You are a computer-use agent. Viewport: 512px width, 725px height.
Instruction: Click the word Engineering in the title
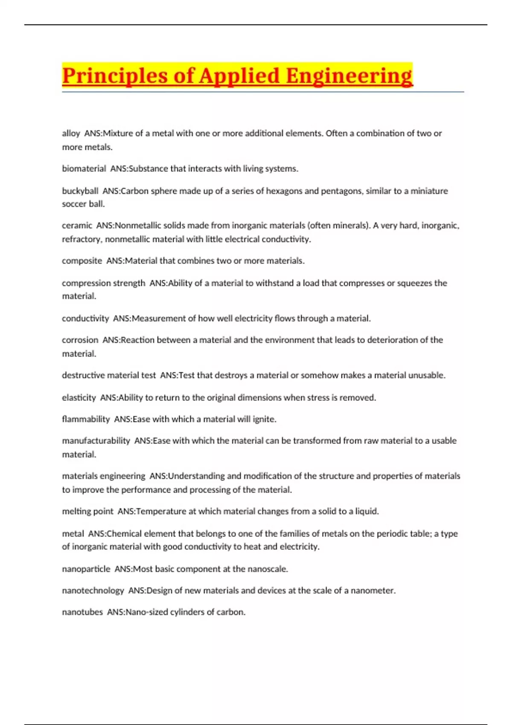tap(349, 76)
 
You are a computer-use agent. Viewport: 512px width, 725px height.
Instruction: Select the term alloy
tap(71, 133)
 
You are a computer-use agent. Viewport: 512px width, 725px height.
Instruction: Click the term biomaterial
tap(84, 169)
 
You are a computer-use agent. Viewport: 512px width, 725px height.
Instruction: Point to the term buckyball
tap(80, 191)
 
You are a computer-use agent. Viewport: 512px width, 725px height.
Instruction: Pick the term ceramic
tap(77, 226)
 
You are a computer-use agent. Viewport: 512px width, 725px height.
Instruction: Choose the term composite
tap(82, 261)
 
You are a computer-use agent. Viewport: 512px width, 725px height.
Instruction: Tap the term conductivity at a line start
tap(85, 319)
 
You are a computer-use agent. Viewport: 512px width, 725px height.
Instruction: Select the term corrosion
tap(80, 340)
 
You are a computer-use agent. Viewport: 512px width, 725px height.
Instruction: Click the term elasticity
tap(79, 398)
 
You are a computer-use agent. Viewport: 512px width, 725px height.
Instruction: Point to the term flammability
tap(86, 419)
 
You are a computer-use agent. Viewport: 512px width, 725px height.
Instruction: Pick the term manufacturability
tap(96, 441)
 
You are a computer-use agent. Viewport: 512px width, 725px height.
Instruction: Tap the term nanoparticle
tap(86, 569)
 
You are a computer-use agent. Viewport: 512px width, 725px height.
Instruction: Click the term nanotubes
tap(82, 612)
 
